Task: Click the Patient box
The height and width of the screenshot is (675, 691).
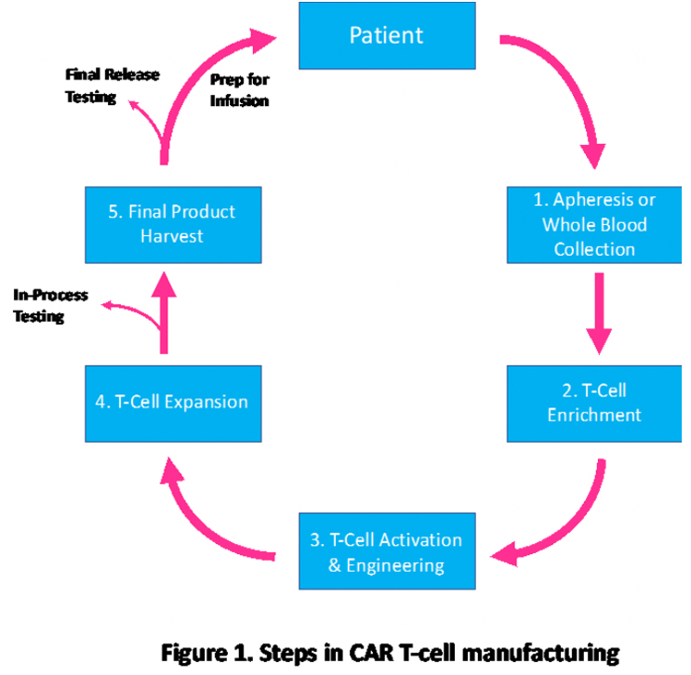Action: [386, 36]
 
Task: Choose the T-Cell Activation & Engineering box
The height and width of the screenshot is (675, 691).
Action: [387, 552]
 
